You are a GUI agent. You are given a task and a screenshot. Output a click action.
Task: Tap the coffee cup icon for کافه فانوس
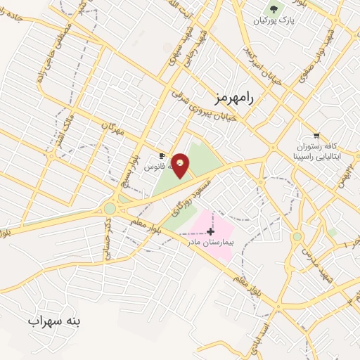pos(162,156)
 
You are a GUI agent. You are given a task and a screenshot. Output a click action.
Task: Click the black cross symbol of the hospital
pos(210,230)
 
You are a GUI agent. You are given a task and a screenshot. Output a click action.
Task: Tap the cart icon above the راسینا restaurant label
pos(316,135)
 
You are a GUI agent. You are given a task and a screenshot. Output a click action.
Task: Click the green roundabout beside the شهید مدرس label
pos(297,237)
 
